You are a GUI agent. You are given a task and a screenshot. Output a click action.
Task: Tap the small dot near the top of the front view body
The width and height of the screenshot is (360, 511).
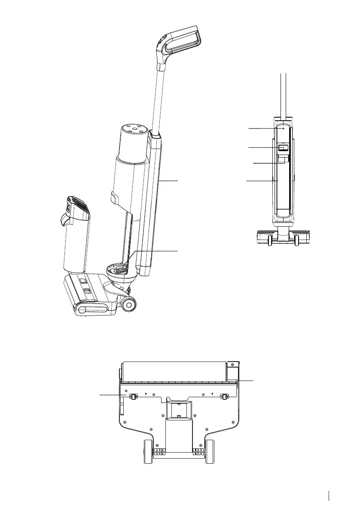(283, 128)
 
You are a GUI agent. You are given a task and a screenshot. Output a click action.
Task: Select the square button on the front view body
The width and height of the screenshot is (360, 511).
(283, 148)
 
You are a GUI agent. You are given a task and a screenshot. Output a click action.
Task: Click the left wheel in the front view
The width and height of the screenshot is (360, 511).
(269, 241)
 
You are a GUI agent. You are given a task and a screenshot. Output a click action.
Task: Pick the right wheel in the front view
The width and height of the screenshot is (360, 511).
(296, 241)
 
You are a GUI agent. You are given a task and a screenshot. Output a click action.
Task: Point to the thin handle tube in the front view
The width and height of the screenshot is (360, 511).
(283, 94)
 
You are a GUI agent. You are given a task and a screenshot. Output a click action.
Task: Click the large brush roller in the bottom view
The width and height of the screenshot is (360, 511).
(174, 371)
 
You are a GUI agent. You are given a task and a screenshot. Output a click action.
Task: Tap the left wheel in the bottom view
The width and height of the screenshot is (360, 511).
(149, 451)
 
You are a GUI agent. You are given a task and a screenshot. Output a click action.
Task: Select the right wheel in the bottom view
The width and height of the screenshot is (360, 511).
(210, 451)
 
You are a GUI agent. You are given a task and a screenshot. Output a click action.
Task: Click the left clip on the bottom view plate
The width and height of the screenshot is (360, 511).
(133, 396)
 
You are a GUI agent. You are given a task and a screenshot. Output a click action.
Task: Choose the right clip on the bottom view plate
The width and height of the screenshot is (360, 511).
(224, 396)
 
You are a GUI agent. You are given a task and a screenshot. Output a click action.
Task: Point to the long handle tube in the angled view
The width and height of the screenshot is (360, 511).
(159, 99)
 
